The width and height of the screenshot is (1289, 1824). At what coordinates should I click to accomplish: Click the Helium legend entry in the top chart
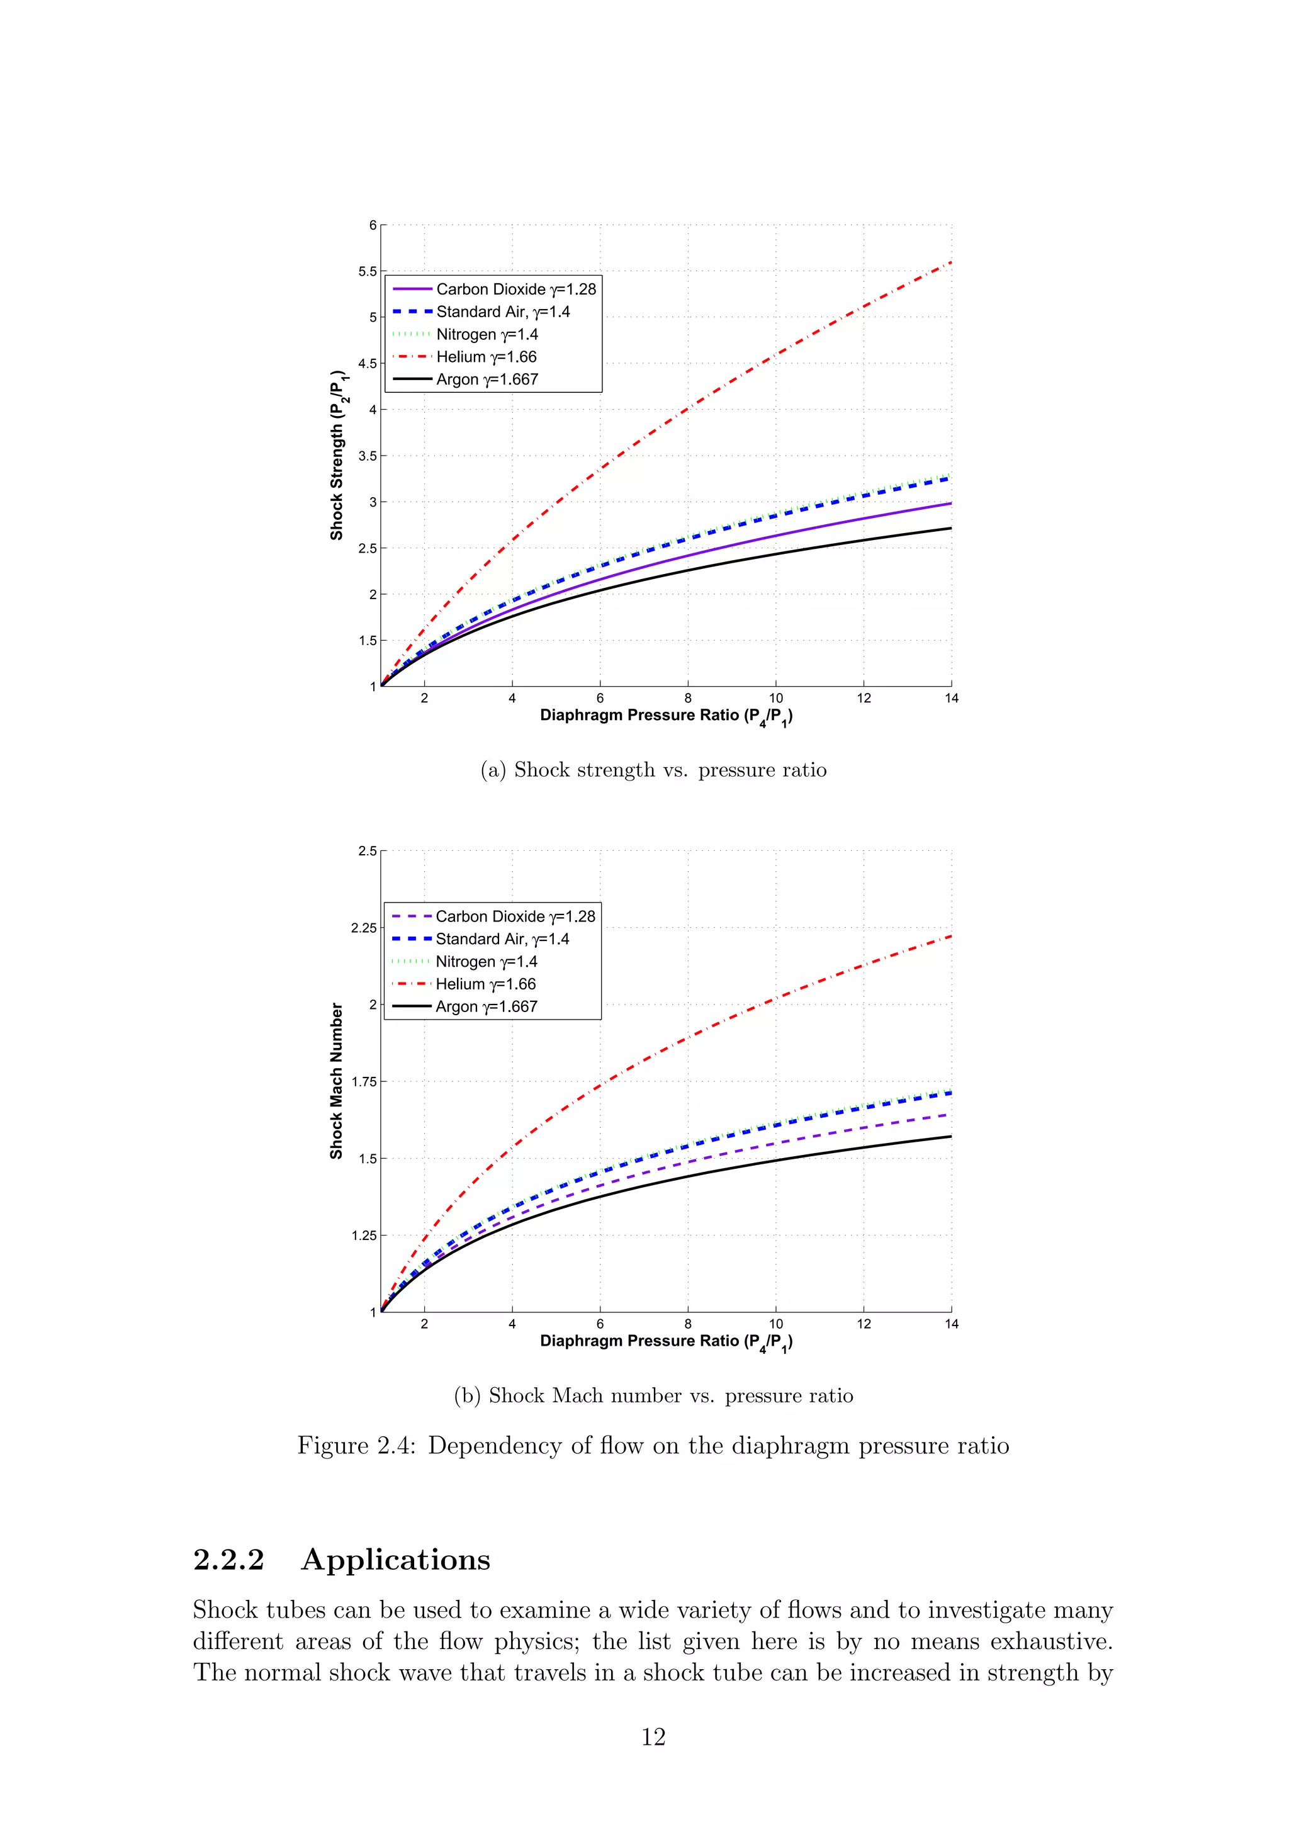coord(485,357)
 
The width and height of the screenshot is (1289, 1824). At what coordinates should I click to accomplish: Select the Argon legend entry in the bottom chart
coord(485,1006)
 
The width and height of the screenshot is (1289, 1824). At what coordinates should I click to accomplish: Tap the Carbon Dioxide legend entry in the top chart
coord(515,289)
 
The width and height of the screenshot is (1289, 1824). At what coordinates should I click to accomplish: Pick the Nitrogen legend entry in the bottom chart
coord(485,961)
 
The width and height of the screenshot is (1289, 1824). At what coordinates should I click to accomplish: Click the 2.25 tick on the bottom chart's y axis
coord(364,928)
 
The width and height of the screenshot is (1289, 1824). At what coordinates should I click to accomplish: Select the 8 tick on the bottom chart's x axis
coord(688,1324)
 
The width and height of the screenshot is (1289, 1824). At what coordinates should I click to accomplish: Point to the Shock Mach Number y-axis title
coord(337,1081)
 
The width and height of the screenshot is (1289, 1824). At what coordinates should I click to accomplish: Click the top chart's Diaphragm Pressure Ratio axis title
coord(665,716)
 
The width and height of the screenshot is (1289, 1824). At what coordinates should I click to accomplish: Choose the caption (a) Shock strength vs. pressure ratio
coord(653,770)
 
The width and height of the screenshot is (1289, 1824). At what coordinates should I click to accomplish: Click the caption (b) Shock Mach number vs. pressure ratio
coord(653,1396)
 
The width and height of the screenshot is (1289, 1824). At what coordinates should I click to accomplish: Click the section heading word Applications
coord(395,1560)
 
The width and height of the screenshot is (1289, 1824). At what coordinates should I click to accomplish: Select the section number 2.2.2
coord(228,1560)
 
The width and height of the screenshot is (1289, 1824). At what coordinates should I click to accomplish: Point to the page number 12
coord(653,1737)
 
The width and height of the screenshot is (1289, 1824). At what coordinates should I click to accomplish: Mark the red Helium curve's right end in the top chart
coord(950,263)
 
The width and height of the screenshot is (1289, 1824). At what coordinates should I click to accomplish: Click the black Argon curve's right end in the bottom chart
coord(950,1137)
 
